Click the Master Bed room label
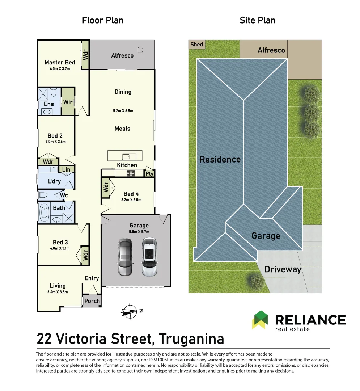pyautogui.click(x=60, y=62)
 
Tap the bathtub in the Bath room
pyautogui.click(x=44, y=213)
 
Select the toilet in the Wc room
pyautogui.click(x=43, y=195)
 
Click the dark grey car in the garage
pyautogui.click(x=125, y=257)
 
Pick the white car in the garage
pyautogui.click(x=149, y=257)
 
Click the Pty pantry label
pyautogui.click(x=149, y=174)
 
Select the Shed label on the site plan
pyautogui.click(x=196, y=45)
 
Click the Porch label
pyautogui.click(x=92, y=301)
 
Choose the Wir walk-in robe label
pyautogui.click(x=68, y=102)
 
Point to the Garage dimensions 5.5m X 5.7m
pyautogui.click(x=139, y=232)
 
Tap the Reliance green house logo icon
pyautogui.click(x=261, y=320)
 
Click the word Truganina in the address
pyautogui.click(x=191, y=339)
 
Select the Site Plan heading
pyautogui.click(x=257, y=20)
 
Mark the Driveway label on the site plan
pyautogui.click(x=283, y=269)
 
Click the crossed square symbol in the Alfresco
pyautogui.click(x=141, y=50)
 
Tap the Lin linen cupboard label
pyautogui.click(x=66, y=169)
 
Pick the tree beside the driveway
pyautogui.click(x=257, y=281)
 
